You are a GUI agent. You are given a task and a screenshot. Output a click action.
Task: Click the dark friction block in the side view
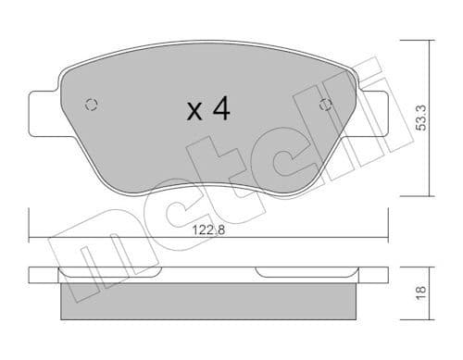pyautogui.click(x=208, y=301)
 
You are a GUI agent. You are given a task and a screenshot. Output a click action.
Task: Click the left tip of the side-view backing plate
pyautogui.click(x=31, y=275)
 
